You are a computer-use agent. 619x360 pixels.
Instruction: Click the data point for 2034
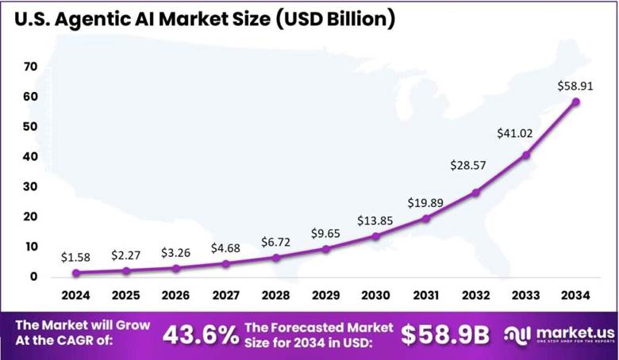[576, 101]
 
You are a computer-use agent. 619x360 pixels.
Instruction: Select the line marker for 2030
[376, 236]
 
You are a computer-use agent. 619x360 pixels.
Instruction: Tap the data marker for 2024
[76, 273]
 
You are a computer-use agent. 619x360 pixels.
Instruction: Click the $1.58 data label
[76, 257]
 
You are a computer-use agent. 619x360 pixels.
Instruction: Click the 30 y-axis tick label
[31, 186]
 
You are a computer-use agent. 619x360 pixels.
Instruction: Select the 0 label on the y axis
[34, 277]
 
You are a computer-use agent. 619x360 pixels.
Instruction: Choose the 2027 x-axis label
[226, 296]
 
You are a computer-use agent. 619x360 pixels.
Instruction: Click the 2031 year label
[426, 296]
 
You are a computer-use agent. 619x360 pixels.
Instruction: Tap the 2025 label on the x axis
[126, 296]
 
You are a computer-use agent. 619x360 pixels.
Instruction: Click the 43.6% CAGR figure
[201, 335]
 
